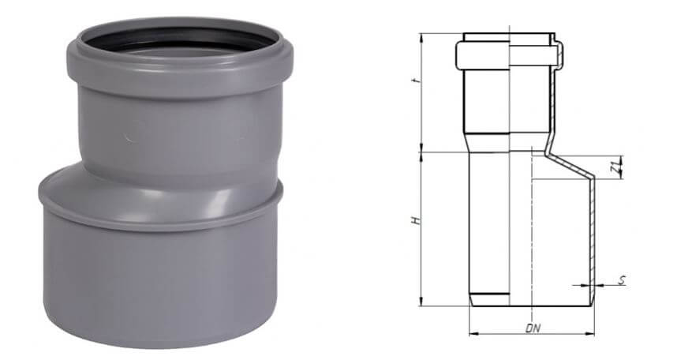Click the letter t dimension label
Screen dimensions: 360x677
[x=415, y=82]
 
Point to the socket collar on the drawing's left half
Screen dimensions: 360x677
[x=481, y=54]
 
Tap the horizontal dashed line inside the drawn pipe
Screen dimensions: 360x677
[x=560, y=179]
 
